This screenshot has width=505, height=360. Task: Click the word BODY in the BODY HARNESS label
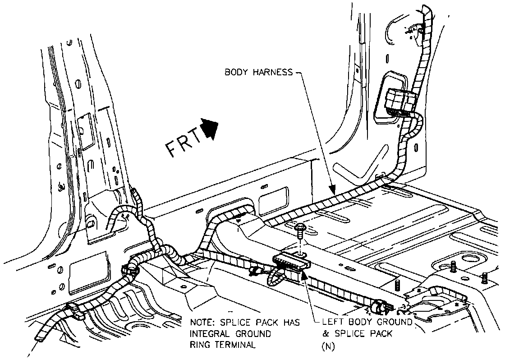click(x=235, y=72)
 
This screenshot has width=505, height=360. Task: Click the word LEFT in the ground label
click(x=333, y=323)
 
